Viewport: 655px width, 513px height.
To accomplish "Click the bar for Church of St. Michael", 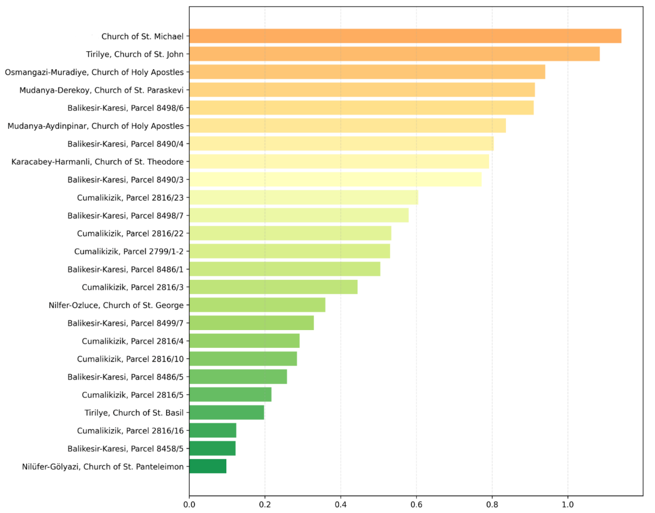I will click(x=405, y=36).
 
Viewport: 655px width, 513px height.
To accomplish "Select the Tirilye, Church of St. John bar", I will click(x=394, y=54).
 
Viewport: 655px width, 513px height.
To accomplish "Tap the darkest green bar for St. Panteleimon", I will click(x=208, y=466).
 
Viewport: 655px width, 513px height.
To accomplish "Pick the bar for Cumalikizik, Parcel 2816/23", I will click(x=304, y=197).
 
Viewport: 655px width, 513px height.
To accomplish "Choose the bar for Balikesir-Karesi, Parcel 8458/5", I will click(x=212, y=448).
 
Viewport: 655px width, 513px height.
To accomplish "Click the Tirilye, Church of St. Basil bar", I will click(x=227, y=412).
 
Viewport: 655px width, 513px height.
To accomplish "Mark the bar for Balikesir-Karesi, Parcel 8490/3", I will click(x=335, y=179).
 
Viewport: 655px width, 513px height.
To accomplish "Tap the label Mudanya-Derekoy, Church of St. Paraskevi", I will click(x=101, y=90).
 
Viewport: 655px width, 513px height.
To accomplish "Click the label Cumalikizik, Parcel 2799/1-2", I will click(x=129, y=251).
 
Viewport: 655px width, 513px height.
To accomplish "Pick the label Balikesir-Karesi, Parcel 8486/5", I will click(x=125, y=377).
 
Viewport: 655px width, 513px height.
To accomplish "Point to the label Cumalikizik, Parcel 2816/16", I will click(x=130, y=430).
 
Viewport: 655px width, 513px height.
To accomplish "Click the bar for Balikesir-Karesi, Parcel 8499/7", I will click(x=251, y=323).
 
